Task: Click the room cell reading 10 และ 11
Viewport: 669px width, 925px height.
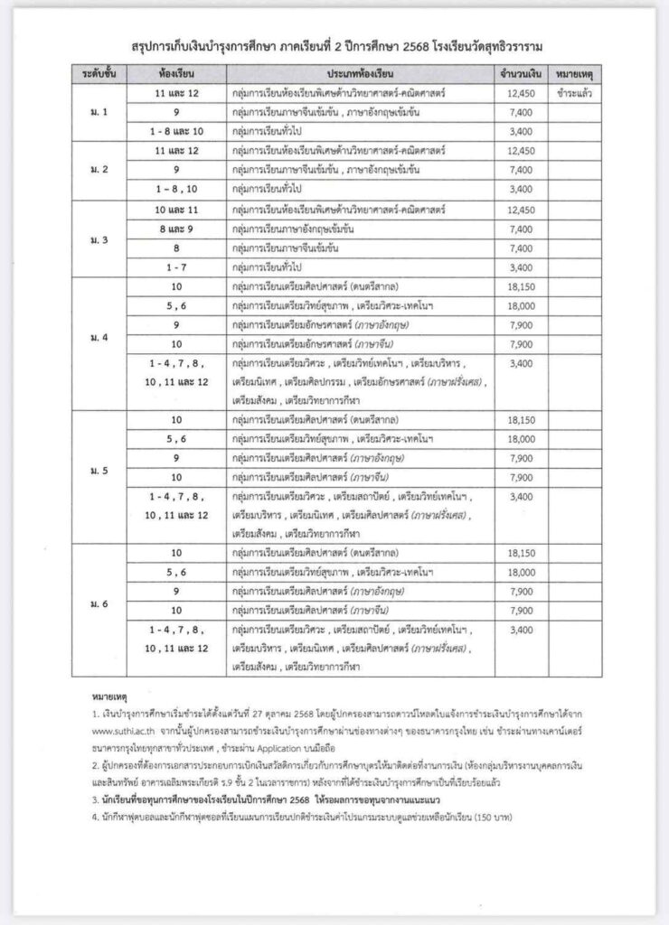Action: coord(177,209)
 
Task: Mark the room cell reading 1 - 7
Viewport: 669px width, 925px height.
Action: coord(177,266)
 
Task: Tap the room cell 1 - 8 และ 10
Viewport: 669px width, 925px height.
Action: coord(177,131)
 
